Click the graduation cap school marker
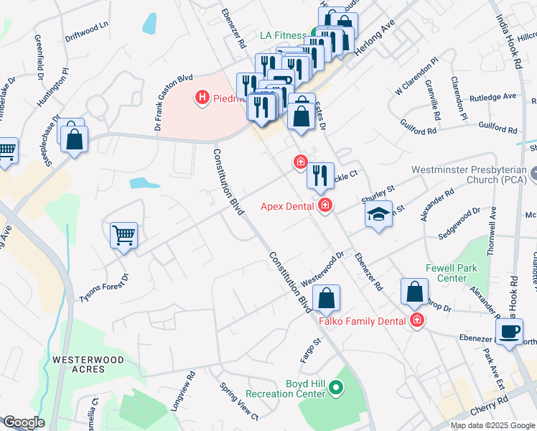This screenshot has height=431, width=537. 378,215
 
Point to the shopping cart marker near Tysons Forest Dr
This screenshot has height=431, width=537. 124,235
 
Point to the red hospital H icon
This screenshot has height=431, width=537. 202,96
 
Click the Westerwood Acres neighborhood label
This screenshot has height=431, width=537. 78,364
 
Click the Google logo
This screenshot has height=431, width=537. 23,422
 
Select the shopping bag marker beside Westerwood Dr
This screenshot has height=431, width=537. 326,300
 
